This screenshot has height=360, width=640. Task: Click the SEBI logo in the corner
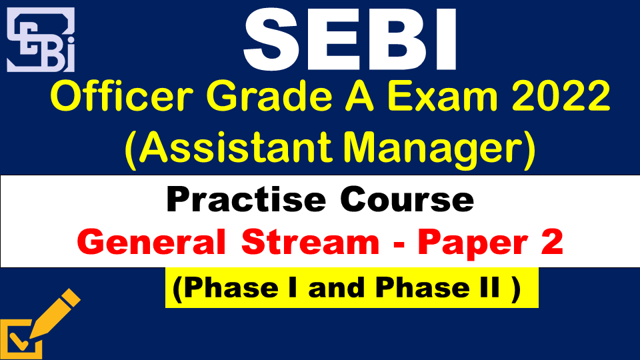(41, 39)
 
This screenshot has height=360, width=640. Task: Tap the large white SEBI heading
(350, 40)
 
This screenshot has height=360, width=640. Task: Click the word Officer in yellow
(121, 97)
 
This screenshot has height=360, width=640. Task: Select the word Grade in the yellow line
(269, 97)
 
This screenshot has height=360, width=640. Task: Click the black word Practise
(246, 199)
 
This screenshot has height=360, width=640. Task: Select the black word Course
(407, 199)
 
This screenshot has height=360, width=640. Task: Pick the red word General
(151, 241)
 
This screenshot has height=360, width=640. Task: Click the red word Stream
(310, 241)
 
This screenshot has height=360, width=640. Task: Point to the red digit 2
(552, 241)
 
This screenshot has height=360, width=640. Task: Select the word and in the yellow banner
(336, 288)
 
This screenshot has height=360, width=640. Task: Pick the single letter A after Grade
(359, 97)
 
